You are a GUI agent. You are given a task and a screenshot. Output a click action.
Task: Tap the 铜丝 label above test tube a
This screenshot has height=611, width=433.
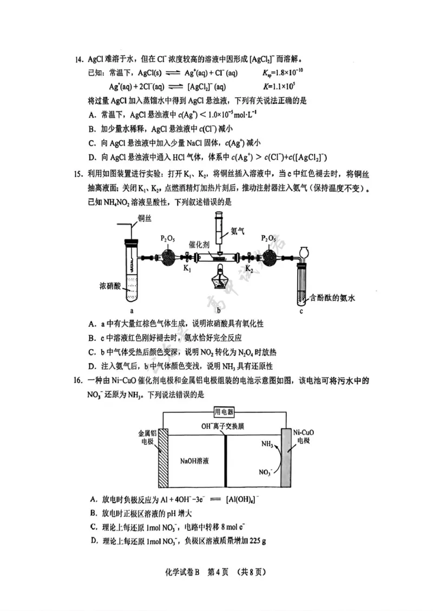(145, 219)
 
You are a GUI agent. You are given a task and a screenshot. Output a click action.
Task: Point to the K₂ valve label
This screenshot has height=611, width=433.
(249, 268)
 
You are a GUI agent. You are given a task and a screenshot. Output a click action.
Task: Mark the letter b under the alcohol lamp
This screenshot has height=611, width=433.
(218, 310)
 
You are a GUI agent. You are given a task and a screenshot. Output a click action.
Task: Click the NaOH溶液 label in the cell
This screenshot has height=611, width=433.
(195, 462)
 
